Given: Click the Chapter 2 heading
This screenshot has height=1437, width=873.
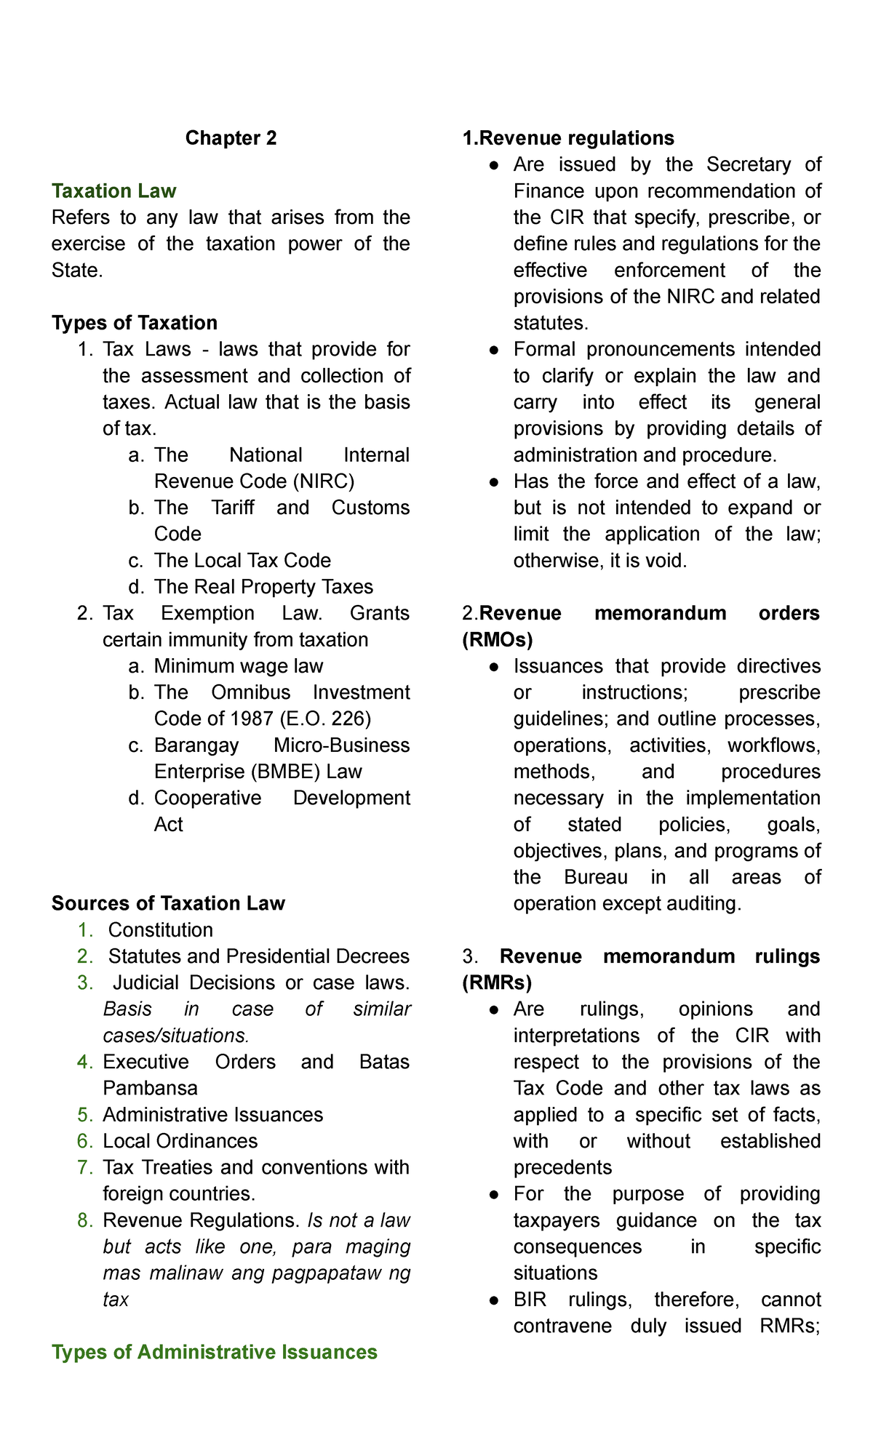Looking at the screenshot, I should (x=231, y=138).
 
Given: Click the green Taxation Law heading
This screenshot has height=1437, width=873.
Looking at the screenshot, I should (x=113, y=191).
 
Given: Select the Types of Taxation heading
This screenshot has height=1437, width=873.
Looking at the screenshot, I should (x=135, y=323).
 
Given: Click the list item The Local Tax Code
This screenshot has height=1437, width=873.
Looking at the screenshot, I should (x=242, y=561).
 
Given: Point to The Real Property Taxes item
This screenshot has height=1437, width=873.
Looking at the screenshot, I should (x=263, y=587).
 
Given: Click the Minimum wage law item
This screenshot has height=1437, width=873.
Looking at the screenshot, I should (x=238, y=666).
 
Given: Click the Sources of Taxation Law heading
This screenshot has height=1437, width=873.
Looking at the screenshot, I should (x=168, y=903).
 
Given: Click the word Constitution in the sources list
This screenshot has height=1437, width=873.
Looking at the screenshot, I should (x=160, y=930).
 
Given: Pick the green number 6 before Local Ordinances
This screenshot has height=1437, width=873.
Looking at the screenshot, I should (x=85, y=1141).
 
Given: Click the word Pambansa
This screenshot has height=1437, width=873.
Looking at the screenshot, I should (x=150, y=1088).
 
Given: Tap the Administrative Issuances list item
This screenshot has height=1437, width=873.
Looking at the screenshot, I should (x=212, y=1115).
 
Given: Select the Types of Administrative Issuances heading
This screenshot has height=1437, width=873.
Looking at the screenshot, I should (x=215, y=1352).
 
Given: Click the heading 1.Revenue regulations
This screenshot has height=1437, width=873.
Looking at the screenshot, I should (x=568, y=138).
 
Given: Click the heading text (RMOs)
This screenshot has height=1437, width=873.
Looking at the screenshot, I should (x=498, y=640).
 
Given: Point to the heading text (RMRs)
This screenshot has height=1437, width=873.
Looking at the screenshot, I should (x=497, y=982).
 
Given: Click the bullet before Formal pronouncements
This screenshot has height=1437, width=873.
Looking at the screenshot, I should (x=494, y=350).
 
